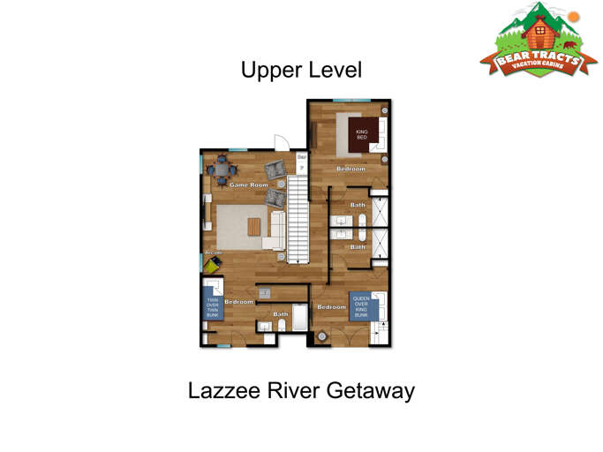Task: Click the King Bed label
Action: pos(361,134)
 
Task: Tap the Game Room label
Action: pos(248,185)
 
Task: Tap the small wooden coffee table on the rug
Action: pos(254,227)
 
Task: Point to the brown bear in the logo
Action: pos(569,44)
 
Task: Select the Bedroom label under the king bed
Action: pos(350,169)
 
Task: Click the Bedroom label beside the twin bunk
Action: pos(238,303)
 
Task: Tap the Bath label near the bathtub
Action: pos(281,314)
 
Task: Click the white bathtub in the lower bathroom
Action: pos(298,320)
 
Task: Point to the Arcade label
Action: pos(213,253)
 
